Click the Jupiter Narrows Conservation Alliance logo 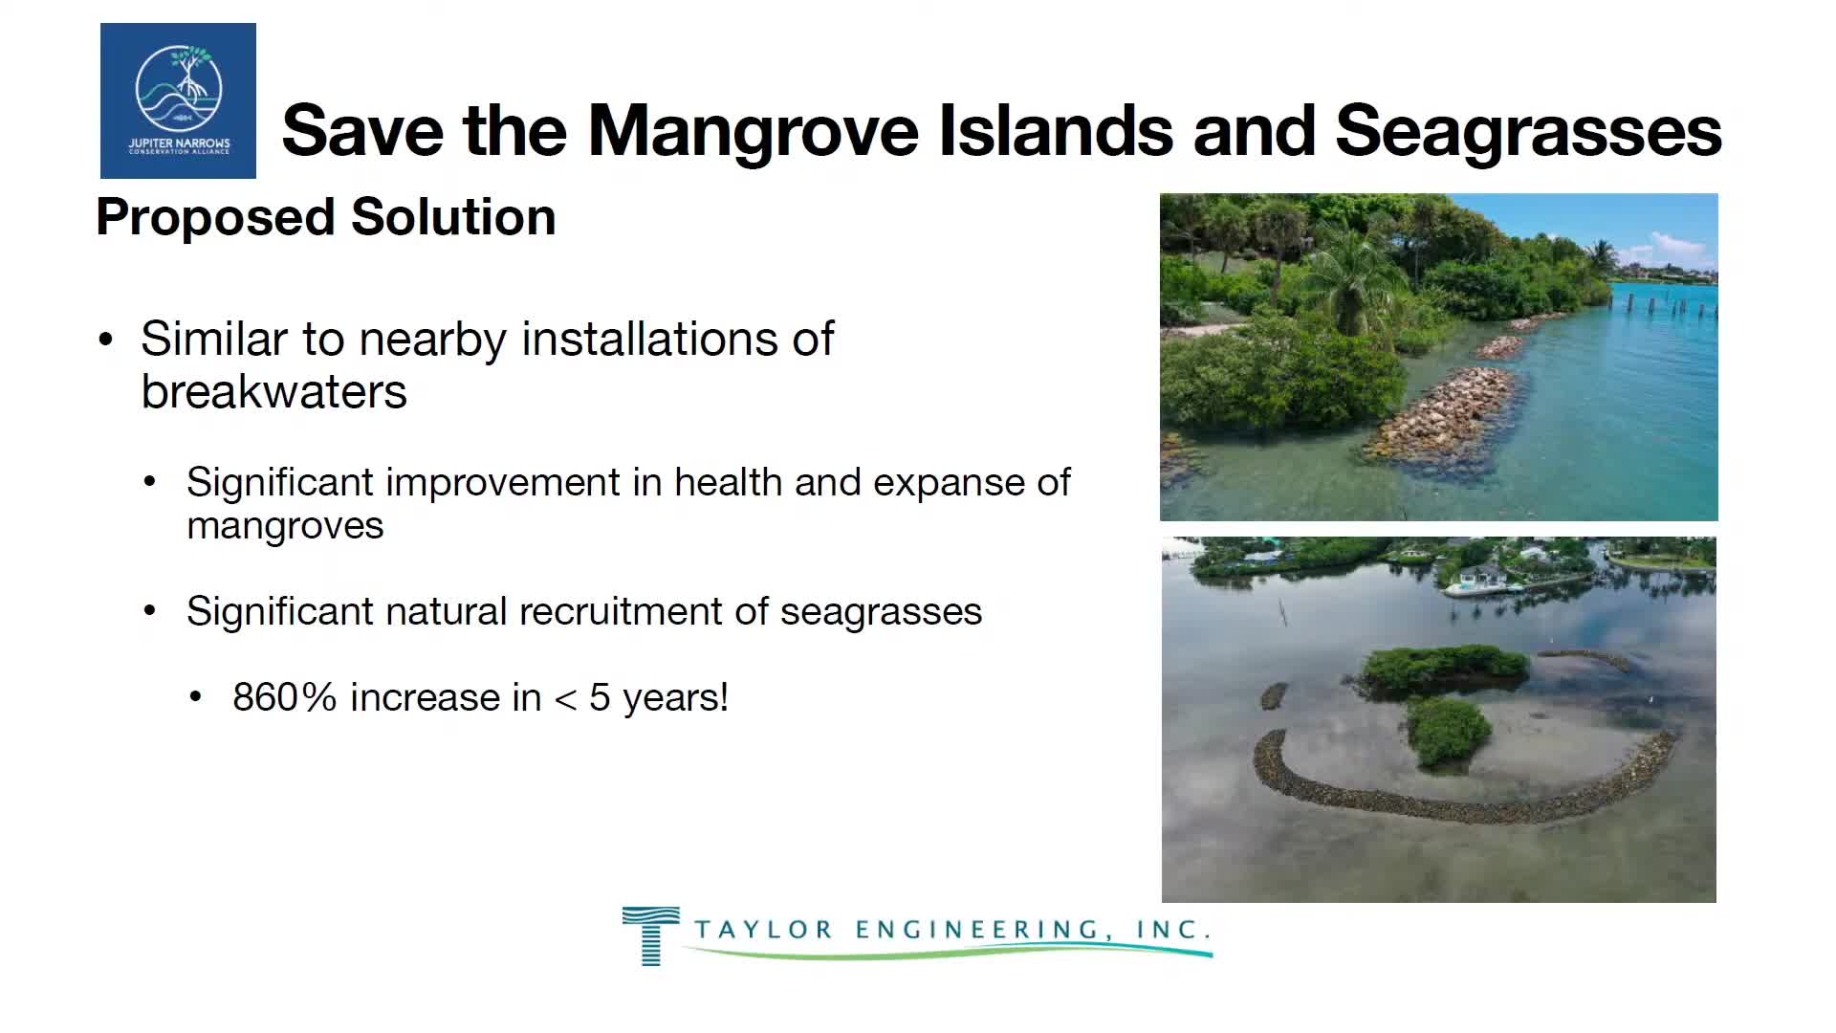coord(178,100)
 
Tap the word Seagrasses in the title coord(1528,131)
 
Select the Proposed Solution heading coord(326,217)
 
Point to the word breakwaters coord(274,391)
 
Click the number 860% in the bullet coord(285,697)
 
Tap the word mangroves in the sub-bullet coord(285,526)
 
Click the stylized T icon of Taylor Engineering coord(651,935)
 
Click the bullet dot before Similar coord(106,340)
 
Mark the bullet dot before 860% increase coord(196,697)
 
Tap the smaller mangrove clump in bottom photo coord(1449,732)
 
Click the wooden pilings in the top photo coord(1664,305)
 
